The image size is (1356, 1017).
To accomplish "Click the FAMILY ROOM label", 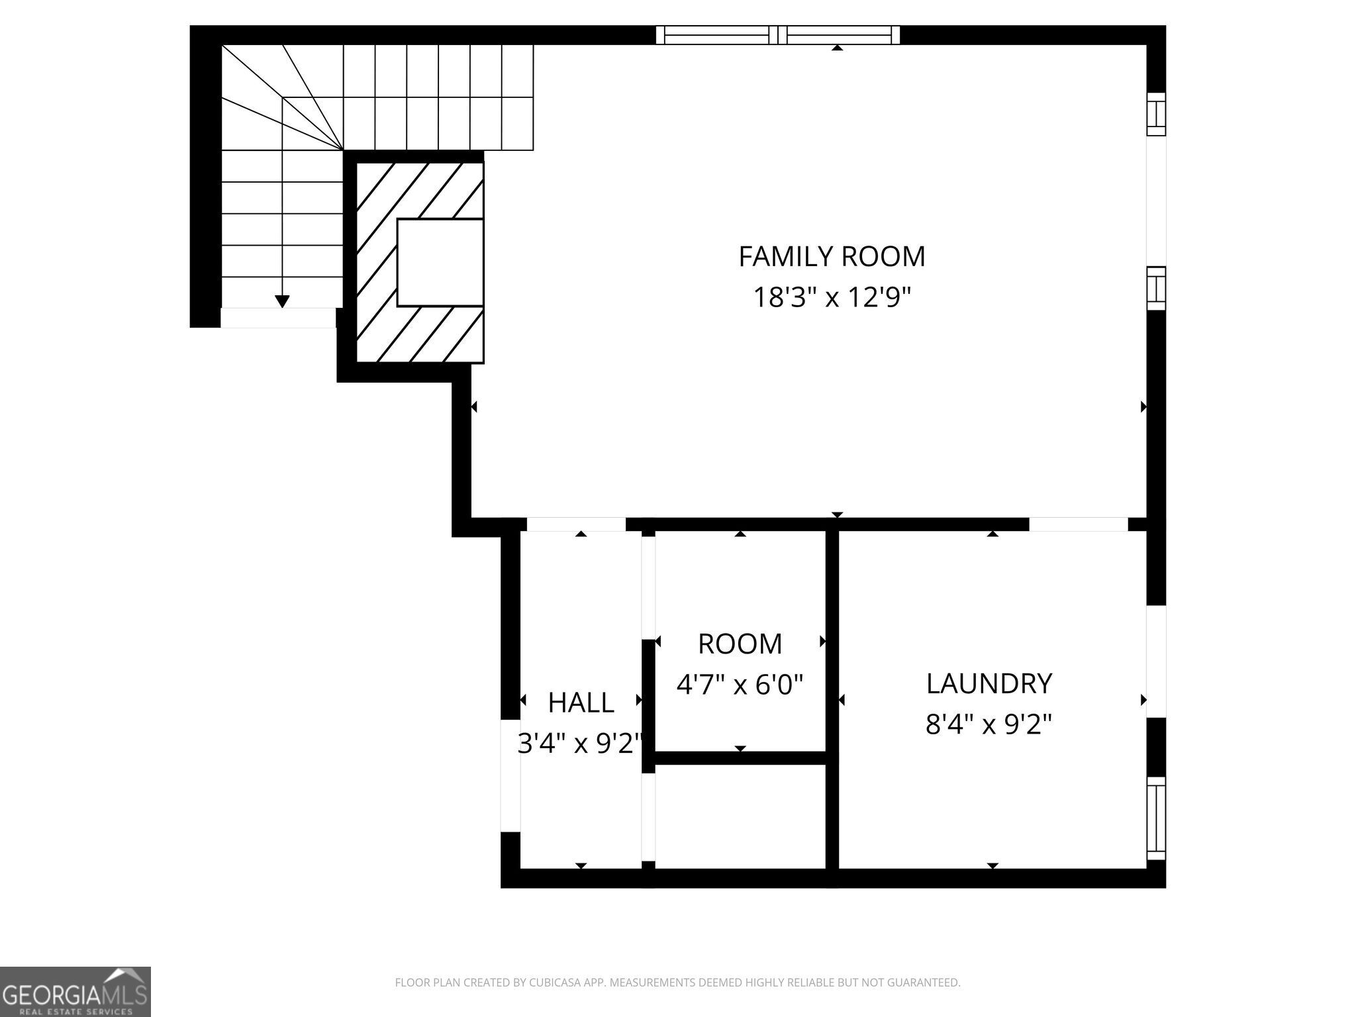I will pyautogui.click(x=832, y=257).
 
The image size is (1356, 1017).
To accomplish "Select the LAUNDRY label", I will pyautogui.click(x=989, y=683).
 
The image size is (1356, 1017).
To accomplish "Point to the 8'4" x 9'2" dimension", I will pyautogui.click(x=989, y=724).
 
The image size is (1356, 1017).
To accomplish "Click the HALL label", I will pyautogui.click(x=581, y=702).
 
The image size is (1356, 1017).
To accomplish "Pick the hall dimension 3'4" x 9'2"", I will pyautogui.click(x=581, y=744).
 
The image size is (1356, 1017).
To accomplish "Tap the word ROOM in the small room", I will pyautogui.click(x=740, y=644).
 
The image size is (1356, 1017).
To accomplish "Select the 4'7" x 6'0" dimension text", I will pyautogui.click(x=740, y=684).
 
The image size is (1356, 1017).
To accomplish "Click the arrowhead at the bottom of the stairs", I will pyautogui.click(x=282, y=301).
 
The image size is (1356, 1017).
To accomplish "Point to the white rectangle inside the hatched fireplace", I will pyautogui.click(x=440, y=262).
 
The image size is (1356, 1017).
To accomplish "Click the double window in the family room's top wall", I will pyautogui.click(x=778, y=34).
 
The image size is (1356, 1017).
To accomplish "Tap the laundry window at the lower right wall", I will pyautogui.click(x=1155, y=818).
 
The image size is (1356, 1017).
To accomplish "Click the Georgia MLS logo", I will pyautogui.click(x=75, y=991).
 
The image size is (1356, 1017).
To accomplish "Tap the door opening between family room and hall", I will pyautogui.click(x=575, y=524).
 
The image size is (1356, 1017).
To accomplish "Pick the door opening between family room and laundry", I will pyautogui.click(x=1078, y=524).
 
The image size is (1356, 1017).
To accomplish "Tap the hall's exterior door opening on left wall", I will pyautogui.click(x=510, y=775).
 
